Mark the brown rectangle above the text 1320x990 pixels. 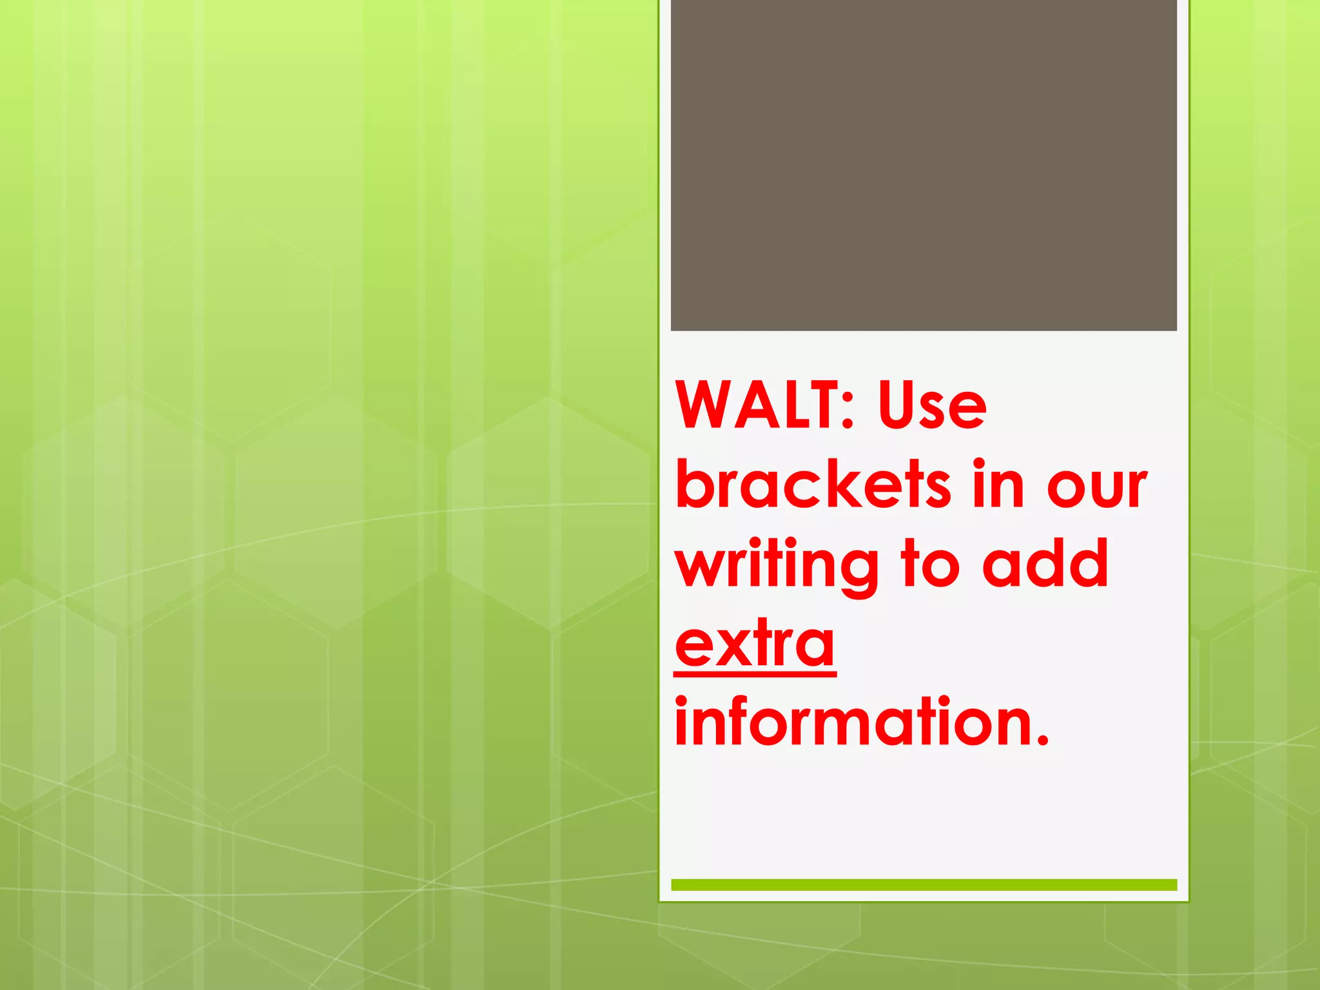pos(924,165)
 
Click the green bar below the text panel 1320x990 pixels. pos(924,884)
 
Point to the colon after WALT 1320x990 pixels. pos(847,412)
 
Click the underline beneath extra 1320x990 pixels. pos(755,674)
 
